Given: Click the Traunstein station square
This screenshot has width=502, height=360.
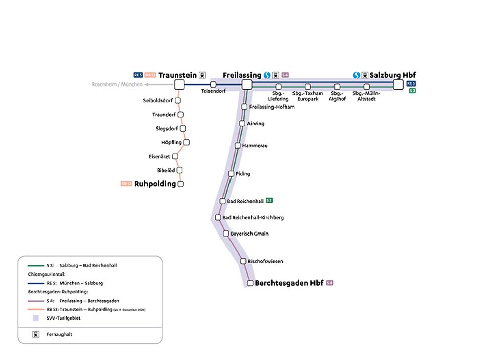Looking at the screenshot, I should [179, 84].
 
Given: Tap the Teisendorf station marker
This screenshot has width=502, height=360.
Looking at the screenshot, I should [213, 84].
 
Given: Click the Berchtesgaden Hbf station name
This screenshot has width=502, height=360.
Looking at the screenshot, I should [289, 283].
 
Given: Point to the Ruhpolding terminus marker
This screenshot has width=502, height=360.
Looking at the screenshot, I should [180, 184].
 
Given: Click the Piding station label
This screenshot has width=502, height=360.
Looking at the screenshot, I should [243, 174].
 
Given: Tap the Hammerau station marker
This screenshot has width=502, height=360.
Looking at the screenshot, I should [238, 146].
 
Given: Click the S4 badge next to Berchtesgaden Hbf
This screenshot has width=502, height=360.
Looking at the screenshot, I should [329, 283].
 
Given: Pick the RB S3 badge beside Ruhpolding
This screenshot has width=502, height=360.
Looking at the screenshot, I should [126, 184].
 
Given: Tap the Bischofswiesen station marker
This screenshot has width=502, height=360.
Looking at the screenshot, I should [244, 261].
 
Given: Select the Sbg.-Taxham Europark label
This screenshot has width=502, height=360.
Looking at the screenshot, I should [308, 96].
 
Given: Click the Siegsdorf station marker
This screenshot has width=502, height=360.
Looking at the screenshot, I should [183, 129].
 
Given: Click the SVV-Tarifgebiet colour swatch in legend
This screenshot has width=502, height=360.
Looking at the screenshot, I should [35, 318].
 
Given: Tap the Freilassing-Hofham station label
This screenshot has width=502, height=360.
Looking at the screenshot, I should [271, 107].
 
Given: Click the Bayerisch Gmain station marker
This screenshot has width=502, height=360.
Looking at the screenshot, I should [226, 234].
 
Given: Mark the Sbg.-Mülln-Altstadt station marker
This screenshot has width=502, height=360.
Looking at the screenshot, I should [367, 87].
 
